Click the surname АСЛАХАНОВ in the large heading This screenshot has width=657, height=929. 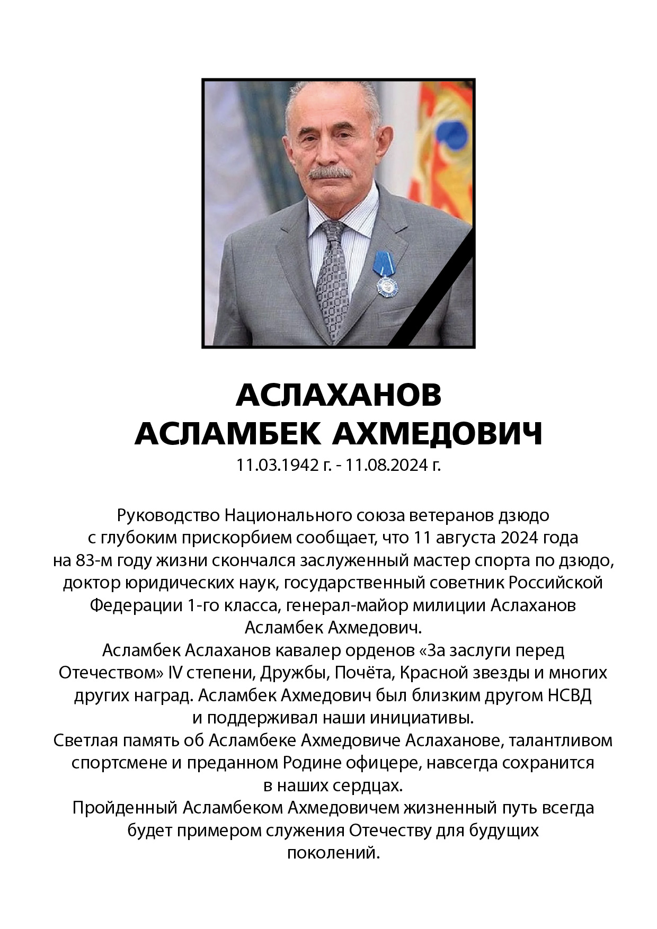(x=339, y=395)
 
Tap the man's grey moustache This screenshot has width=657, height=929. (x=330, y=173)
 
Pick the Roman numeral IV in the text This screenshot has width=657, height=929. (x=175, y=673)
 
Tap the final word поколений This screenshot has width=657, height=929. (x=334, y=853)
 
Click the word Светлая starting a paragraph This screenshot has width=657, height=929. (x=85, y=740)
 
